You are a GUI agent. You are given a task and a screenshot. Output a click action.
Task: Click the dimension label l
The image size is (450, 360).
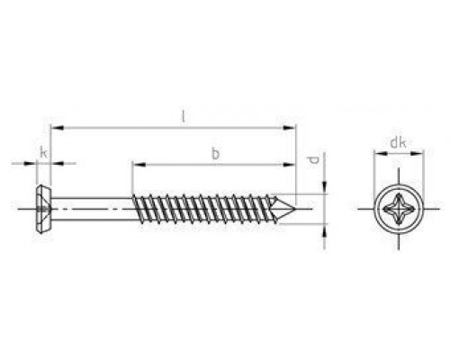click(184, 117)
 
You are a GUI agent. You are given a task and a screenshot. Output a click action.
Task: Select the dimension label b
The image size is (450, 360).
click(215, 154)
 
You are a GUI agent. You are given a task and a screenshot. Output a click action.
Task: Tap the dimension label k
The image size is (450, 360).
click(44, 153)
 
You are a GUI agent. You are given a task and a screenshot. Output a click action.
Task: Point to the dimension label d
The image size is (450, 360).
click(314, 161)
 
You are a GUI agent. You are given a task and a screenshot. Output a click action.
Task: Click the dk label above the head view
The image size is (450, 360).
click(398, 143)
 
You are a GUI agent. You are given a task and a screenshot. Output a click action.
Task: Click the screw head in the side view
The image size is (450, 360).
click(43, 209)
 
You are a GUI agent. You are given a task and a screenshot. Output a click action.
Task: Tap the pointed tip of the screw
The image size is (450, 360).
click(296, 209)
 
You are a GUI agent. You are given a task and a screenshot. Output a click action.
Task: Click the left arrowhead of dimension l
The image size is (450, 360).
click(57, 128)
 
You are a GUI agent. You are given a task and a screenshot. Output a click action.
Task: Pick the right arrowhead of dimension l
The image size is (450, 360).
click(289, 128)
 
